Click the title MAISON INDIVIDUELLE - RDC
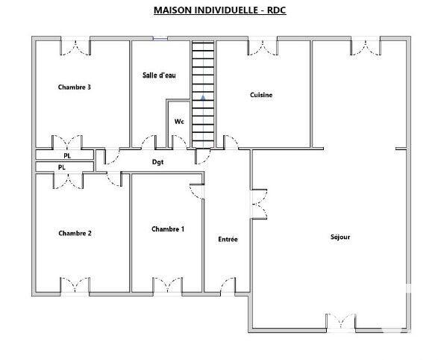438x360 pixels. pyautogui.click(x=219, y=10)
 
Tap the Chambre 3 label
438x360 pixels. pyautogui.click(x=75, y=87)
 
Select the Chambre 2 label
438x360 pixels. pyautogui.click(x=75, y=233)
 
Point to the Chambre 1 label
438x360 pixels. pyautogui.click(x=167, y=229)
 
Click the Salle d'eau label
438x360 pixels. pyautogui.click(x=159, y=75)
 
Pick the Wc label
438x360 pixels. pyautogui.click(x=179, y=121)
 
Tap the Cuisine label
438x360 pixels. pyautogui.click(x=260, y=95)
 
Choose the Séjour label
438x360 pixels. pyautogui.click(x=340, y=237)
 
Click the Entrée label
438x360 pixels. pyautogui.click(x=228, y=240)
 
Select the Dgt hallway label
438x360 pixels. pyautogui.click(x=157, y=161)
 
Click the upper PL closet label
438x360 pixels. pyautogui.click(x=67, y=156)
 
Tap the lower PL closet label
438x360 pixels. pyautogui.click(x=62, y=167)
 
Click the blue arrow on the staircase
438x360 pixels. pyautogui.click(x=203, y=96)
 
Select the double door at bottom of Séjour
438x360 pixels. pyautogui.click(x=340, y=321)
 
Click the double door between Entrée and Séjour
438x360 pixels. pyautogui.click(x=257, y=202)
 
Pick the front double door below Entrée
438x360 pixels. pyautogui.click(x=228, y=286)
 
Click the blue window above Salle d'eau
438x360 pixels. pyautogui.click(x=160, y=39)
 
